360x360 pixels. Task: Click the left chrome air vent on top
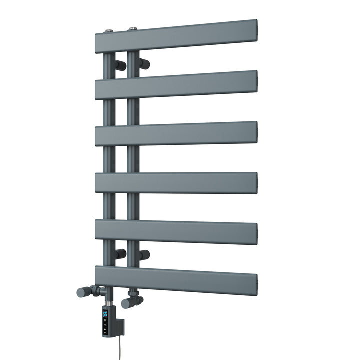click(108, 31)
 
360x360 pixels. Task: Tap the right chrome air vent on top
click(133, 29)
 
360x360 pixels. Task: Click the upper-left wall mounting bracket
click(120, 65)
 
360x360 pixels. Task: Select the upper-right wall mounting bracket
click(145, 63)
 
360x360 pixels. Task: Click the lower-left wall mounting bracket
click(120, 254)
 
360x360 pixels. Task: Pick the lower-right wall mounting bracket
click(144, 255)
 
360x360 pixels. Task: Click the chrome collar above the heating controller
click(106, 298)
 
